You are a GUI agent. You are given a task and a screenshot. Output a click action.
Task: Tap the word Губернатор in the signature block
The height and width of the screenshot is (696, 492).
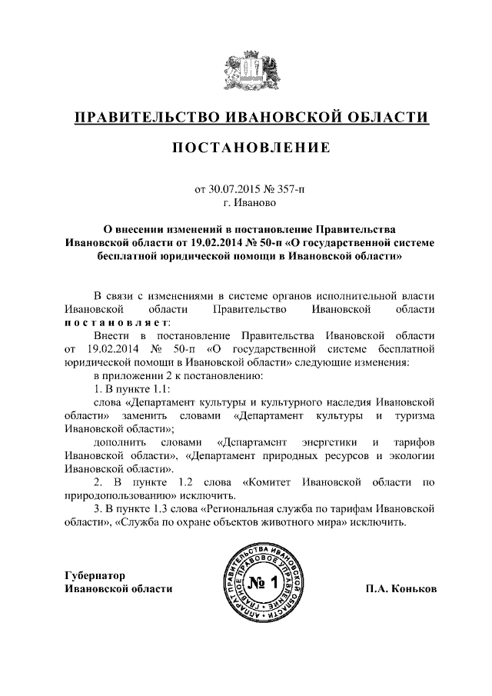tap(94, 575)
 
